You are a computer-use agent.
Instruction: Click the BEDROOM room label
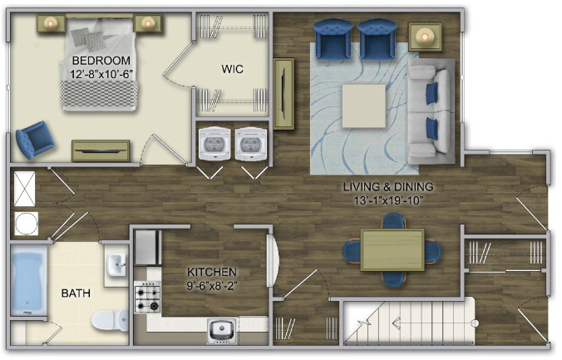pos(101,60)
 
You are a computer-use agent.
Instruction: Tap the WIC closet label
pos(232,68)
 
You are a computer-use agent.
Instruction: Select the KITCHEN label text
pos(212,272)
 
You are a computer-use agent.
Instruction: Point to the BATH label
pos(76,293)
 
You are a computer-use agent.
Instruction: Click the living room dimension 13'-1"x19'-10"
pos(387,200)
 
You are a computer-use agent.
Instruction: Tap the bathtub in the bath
pos(28,280)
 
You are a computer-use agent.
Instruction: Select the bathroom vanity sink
pos(117,264)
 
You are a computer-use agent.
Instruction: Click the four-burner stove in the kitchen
pos(147,297)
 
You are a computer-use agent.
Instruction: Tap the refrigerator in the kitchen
pos(148,248)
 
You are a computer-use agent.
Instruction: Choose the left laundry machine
pos(214,144)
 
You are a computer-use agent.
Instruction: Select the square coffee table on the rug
pos(364,106)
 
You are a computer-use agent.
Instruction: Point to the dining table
pos(392,250)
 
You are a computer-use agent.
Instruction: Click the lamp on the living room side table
pos(425,37)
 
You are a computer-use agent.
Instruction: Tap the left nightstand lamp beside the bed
pos(50,23)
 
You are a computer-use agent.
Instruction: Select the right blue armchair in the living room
pos(377,39)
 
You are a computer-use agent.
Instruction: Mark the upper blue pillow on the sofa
pos(432,92)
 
